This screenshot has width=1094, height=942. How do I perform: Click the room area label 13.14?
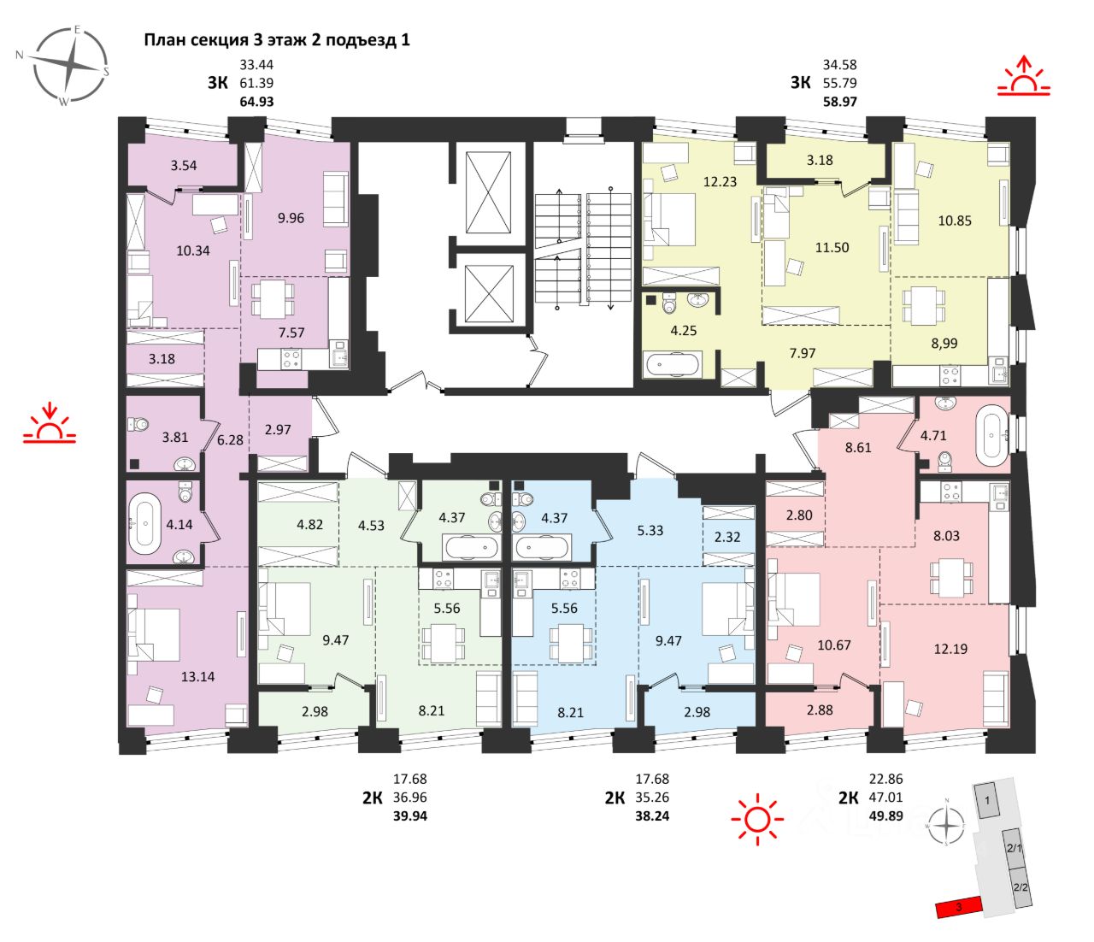click(197, 676)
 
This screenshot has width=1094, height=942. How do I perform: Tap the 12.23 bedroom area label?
click(720, 181)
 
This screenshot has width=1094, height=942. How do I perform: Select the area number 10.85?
click(955, 221)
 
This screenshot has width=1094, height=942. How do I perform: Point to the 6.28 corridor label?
click(230, 439)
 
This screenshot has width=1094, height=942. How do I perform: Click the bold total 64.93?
click(256, 102)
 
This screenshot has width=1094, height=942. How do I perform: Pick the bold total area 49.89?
click(886, 816)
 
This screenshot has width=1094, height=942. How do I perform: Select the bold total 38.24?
click(652, 816)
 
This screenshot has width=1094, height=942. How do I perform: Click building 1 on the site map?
click(988, 801)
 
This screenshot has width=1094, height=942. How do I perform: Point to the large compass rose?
click(69, 66)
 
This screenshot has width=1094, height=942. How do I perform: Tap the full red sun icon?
click(757, 819)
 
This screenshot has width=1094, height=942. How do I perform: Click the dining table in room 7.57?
click(273, 299)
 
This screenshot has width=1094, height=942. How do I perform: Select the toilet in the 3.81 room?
click(140, 424)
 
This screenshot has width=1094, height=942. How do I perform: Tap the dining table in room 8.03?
click(951, 578)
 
